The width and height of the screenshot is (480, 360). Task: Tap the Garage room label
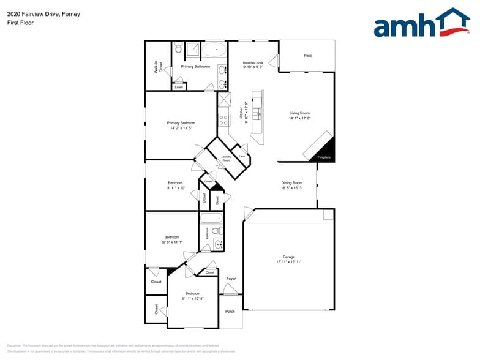pos(289,257)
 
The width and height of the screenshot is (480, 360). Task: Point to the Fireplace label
pos(324,157)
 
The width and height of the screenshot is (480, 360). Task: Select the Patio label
pos(308,56)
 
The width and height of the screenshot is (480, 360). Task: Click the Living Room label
pos(299,113)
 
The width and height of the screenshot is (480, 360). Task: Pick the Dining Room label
pos(291,183)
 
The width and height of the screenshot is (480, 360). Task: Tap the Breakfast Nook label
pos(253,62)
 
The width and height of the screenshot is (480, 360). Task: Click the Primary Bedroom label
pos(181,123)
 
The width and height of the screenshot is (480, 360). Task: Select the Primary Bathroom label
pos(195,66)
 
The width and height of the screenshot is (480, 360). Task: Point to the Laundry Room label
pos(225,159)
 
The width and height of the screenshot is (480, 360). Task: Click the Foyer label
pos(231,279)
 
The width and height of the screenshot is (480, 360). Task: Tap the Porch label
pos(230,311)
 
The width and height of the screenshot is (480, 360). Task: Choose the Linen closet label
pos(178,87)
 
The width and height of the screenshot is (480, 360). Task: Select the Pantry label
pos(242,156)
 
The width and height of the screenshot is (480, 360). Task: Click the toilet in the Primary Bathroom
pos(179,47)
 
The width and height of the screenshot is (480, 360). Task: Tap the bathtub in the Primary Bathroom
pos(214,49)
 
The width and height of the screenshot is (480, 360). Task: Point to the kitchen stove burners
pos(224,120)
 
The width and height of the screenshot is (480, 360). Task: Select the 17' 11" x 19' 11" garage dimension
pos(289,262)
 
